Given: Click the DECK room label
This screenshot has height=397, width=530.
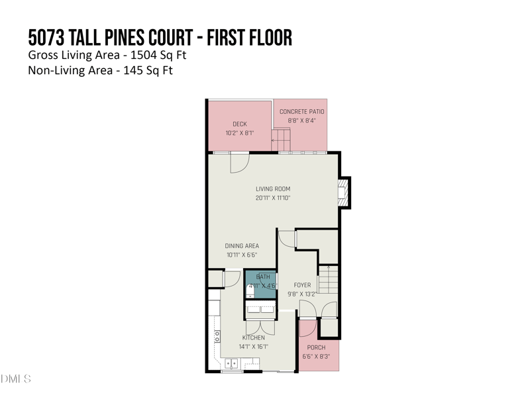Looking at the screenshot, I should pos(239,124).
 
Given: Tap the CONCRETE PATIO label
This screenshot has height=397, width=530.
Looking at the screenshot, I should pos(302,111).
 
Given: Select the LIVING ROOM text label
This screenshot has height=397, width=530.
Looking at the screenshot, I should pos(273,189).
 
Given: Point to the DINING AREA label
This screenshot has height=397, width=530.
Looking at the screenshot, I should pos(241,245).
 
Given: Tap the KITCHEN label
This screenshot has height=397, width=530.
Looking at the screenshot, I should pos(253,337).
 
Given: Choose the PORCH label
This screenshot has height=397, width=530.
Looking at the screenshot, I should pos(316,347).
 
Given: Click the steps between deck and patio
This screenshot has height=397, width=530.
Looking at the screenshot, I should pos(281,140).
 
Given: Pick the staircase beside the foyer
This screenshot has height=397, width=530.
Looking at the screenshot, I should pos(329,282).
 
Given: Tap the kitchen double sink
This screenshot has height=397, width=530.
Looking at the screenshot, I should pos(232,363).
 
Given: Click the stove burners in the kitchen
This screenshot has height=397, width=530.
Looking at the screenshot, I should pos(217,336).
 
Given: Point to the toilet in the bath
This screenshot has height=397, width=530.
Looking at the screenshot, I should pos(250,291).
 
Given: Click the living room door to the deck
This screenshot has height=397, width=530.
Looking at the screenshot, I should pos(238,163).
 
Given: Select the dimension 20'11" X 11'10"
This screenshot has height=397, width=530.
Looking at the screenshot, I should pos(273,198).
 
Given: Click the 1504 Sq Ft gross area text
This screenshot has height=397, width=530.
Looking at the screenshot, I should pos(158,54).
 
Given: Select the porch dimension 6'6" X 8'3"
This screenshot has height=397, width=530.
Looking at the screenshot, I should pos(316,357).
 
